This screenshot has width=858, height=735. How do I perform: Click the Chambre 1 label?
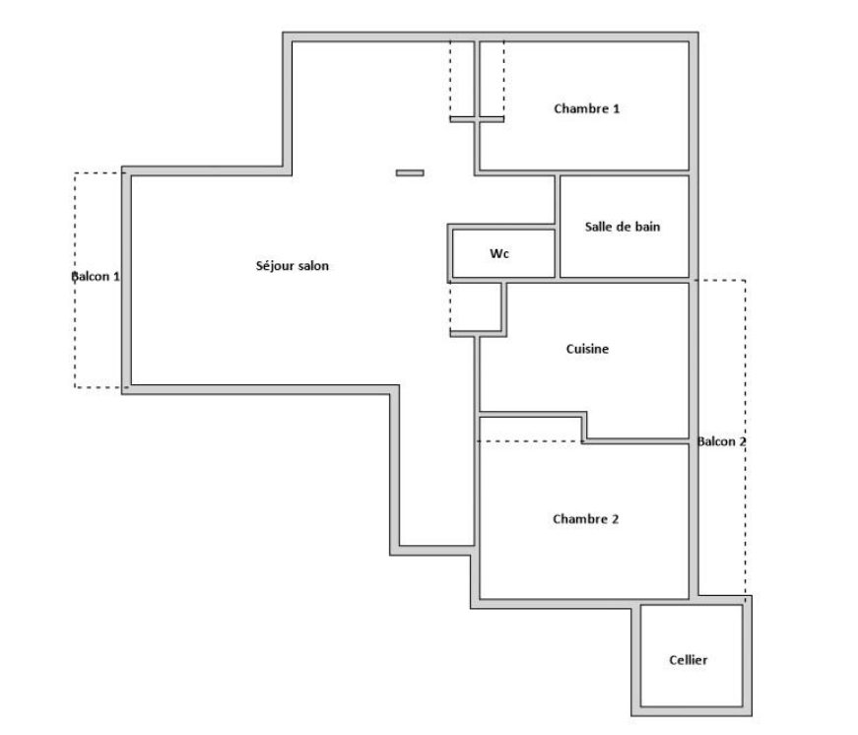(586, 108)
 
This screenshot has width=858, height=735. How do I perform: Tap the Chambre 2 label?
(585, 519)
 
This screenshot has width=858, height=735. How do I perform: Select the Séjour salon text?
(293, 266)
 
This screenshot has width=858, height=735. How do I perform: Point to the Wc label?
(499, 253)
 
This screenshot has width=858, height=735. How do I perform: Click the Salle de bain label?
(623, 227)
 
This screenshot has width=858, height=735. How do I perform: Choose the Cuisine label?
(587, 349)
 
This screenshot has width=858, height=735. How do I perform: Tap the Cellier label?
(688, 660)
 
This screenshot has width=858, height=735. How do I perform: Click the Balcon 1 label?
(96, 277)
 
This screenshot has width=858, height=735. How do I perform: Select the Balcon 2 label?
(722, 441)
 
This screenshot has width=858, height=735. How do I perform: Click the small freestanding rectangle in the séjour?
(410, 173)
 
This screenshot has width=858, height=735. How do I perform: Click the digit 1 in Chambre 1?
(616, 109)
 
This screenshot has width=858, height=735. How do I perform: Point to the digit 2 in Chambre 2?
(615, 519)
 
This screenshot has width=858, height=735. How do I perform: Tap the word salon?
(313, 266)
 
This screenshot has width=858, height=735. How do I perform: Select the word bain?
(648, 227)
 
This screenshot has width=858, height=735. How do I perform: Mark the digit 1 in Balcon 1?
(116, 277)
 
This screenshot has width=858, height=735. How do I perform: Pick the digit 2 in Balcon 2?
(743, 441)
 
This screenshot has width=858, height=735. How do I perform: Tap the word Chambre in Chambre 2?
(579, 519)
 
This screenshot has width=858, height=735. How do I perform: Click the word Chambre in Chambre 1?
(580, 108)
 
